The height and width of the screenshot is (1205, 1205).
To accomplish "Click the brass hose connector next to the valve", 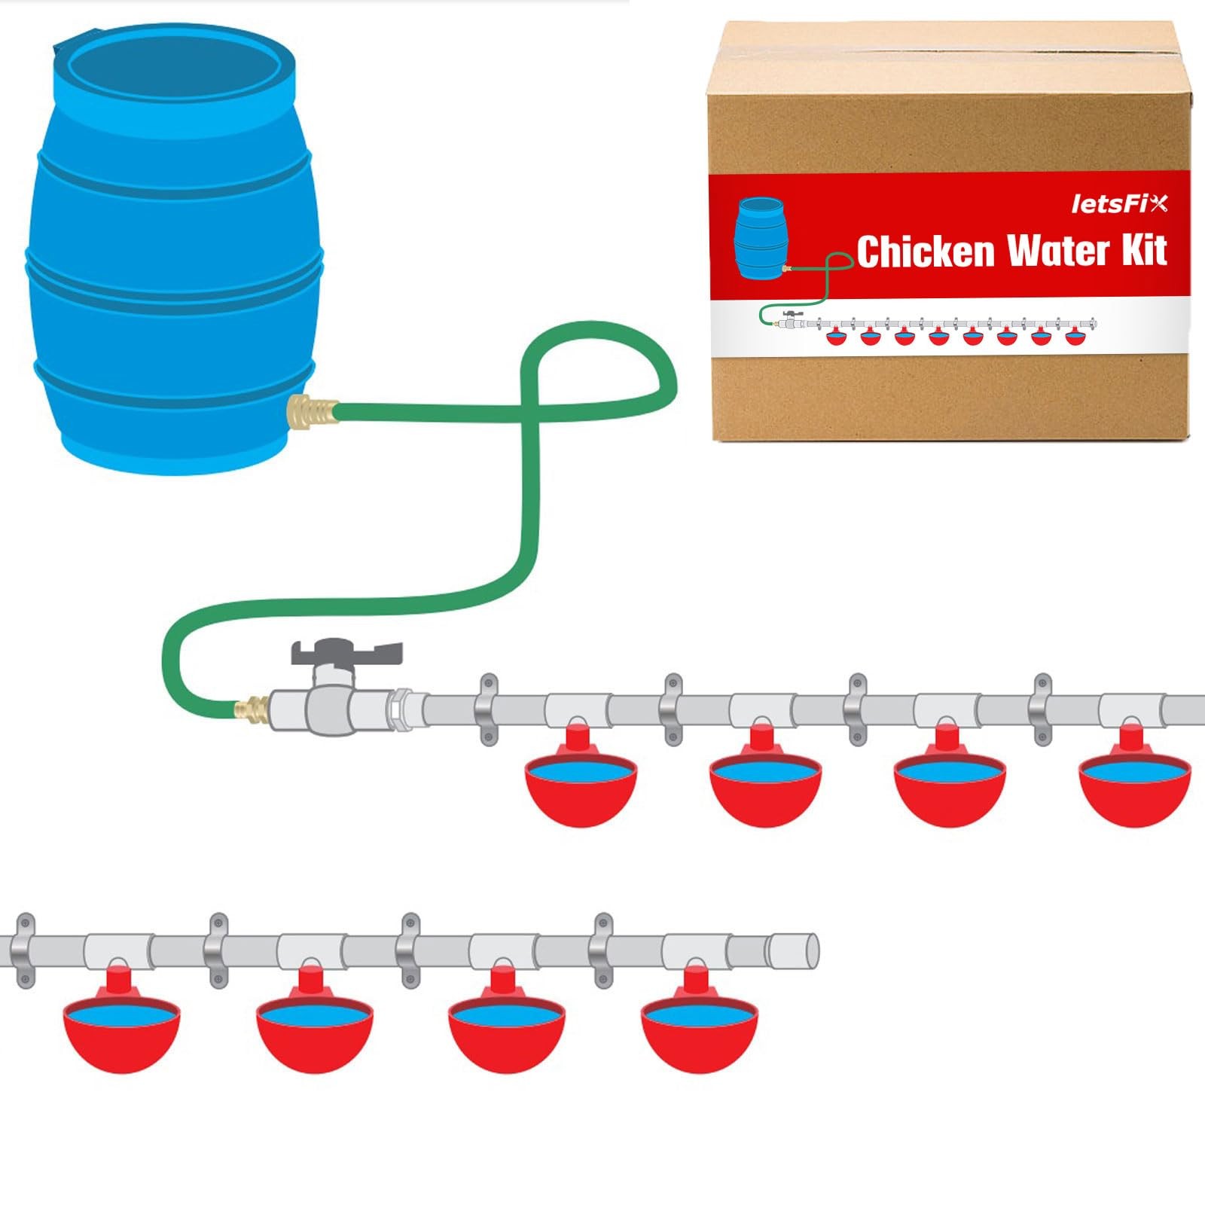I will (x=253, y=709).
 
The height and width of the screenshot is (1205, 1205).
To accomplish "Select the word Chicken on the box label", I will (x=925, y=252).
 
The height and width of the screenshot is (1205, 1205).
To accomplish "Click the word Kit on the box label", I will (x=1144, y=250).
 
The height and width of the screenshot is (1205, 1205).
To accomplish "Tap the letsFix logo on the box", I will (x=1119, y=204).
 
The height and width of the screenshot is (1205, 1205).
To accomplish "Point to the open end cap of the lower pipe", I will (x=792, y=950).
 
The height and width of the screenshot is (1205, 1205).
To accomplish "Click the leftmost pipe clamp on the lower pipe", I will (x=25, y=950).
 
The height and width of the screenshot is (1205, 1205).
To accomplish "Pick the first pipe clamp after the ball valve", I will (x=488, y=709).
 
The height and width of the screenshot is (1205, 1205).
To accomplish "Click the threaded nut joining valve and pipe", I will (x=399, y=709).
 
